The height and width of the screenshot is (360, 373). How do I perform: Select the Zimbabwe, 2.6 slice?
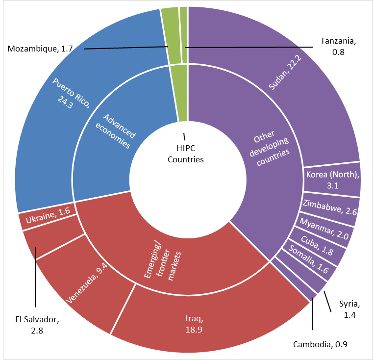tap(330, 205)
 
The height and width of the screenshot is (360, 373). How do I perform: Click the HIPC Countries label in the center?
tap(185, 154)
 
